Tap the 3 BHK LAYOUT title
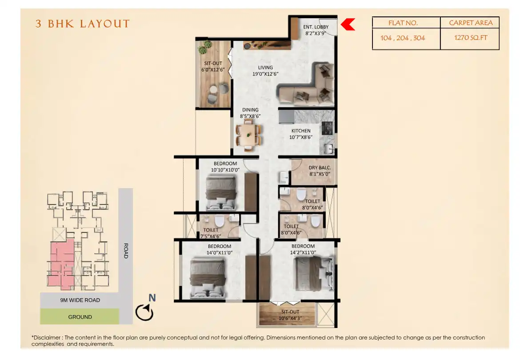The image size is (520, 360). pos(83,24)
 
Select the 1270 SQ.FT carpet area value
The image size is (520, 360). pos(471,38)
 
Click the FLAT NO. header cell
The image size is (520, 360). pos(403,23)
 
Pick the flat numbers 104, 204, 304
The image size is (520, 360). pos(403,38)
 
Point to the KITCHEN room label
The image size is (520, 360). pos(301,131)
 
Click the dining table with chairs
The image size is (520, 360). pos(248,134)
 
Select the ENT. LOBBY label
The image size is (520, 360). pos(316,27)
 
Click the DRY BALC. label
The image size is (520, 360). pos(320,168)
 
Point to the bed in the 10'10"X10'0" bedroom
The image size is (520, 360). pos(221,192)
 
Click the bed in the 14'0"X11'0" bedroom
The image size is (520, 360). pos(208,279)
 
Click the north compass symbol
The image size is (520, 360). pos(145,312)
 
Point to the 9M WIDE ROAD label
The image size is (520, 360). pos(80,300)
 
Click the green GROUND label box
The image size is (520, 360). pos(80,317)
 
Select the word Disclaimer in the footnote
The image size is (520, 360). pos(48,338)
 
